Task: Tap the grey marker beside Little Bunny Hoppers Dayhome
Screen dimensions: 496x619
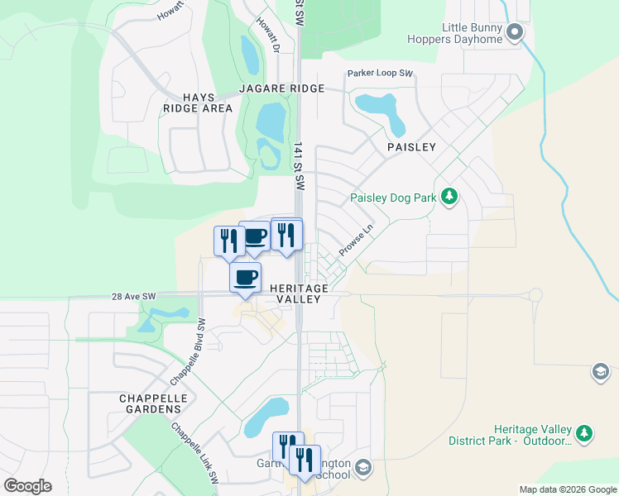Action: click(x=515, y=33)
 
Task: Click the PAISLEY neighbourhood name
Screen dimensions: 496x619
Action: click(x=411, y=146)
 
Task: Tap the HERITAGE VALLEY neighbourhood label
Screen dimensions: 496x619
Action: click(x=300, y=293)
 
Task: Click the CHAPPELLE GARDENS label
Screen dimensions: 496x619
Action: click(x=150, y=403)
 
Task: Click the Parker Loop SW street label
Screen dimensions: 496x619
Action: click(x=380, y=73)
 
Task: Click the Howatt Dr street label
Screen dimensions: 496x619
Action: click(x=264, y=34)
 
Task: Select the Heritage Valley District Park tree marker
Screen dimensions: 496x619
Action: click(x=584, y=433)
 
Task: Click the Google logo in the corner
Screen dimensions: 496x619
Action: click(x=26, y=486)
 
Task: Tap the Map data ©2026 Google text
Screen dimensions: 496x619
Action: click(x=567, y=489)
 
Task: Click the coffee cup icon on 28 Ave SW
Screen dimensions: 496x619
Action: click(x=245, y=277)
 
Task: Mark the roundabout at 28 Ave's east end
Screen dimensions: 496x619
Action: click(x=535, y=294)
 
